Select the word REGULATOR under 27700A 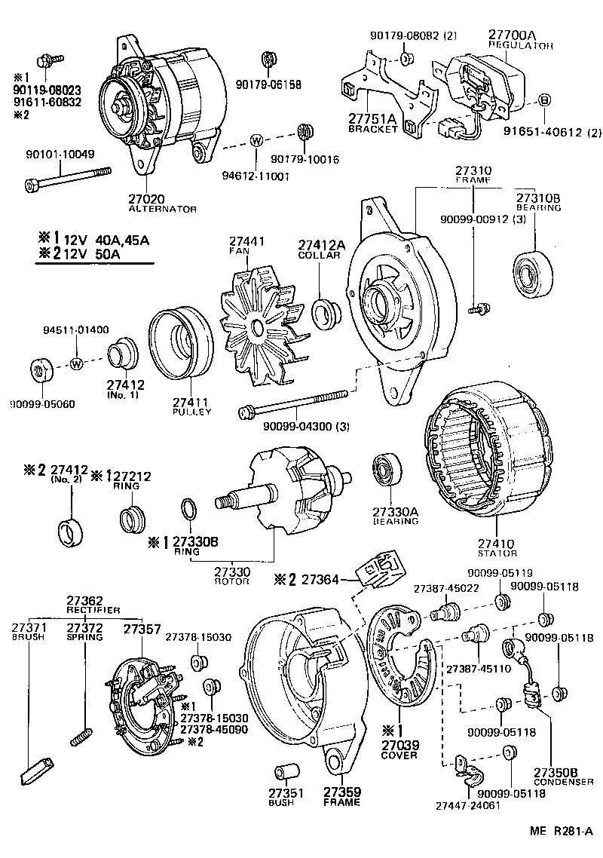tap(521, 45)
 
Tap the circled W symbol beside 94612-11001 tap(256, 140)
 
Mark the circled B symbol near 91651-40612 tap(546, 100)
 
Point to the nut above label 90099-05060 tap(39, 370)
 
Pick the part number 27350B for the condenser tap(556, 771)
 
